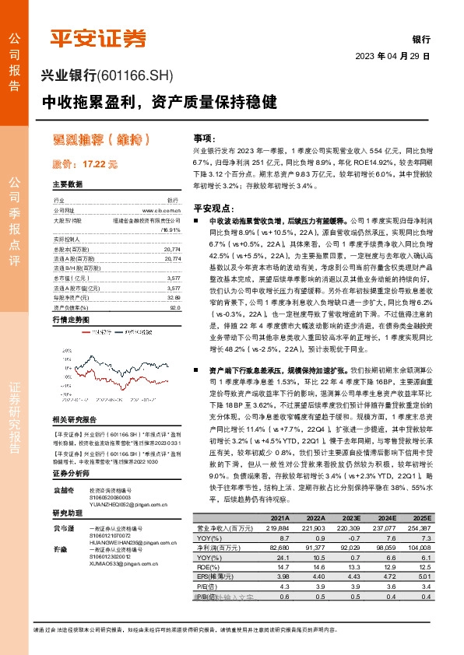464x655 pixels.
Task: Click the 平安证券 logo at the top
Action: (x=97, y=37)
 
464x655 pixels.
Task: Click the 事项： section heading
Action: (x=204, y=136)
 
